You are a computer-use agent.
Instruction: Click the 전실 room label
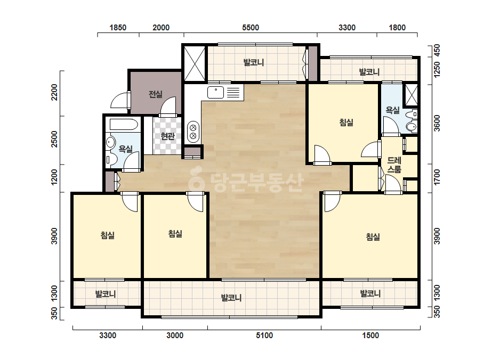[x=156, y=94]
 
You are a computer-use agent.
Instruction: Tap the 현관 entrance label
[x=167, y=136]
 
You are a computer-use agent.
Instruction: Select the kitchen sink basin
[x=215, y=93]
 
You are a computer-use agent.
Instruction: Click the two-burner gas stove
[x=193, y=132]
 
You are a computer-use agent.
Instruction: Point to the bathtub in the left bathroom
[x=124, y=125]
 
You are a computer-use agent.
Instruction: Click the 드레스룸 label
[x=394, y=165]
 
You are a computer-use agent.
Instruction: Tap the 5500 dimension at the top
[x=251, y=28]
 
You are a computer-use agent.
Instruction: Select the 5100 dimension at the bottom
[x=264, y=336]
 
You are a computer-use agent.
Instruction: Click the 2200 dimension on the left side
[x=54, y=92]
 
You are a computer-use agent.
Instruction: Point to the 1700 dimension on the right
[x=437, y=177]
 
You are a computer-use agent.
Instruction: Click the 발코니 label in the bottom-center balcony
[x=231, y=298]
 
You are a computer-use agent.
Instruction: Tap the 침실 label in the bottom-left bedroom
[x=107, y=235]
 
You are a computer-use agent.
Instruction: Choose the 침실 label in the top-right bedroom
[x=346, y=122]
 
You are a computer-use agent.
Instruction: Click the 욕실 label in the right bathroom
[x=392, y=110]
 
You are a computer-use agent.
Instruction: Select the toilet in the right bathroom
[x=412, y=126]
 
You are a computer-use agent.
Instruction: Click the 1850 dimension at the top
[x=118, y=28]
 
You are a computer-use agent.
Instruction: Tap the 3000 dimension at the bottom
[x=175, y=336]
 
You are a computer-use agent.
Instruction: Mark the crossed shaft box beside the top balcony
[x=194, y=63]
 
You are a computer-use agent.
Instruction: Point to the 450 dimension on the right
[x=437, y=50]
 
